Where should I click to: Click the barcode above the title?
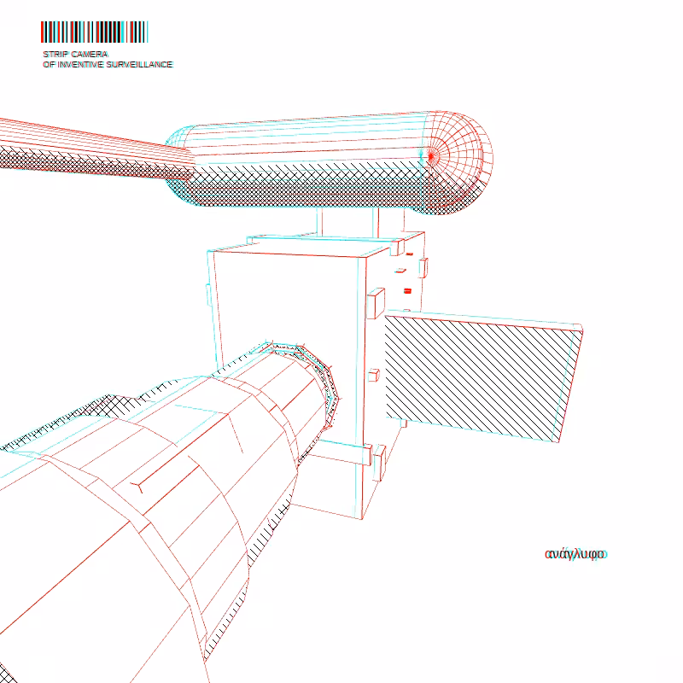pos(95,32)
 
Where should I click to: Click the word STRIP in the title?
pos(52,55)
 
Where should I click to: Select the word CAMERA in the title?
pos(87,55)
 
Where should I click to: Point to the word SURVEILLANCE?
pos(139,65)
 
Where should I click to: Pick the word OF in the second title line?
pos(49,65)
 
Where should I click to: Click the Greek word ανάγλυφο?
pos(575,554)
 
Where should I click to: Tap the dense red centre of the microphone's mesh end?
pos(431,156)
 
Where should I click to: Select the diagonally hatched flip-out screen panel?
pos(482,377)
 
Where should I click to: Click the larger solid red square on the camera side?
pos(407,291)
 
